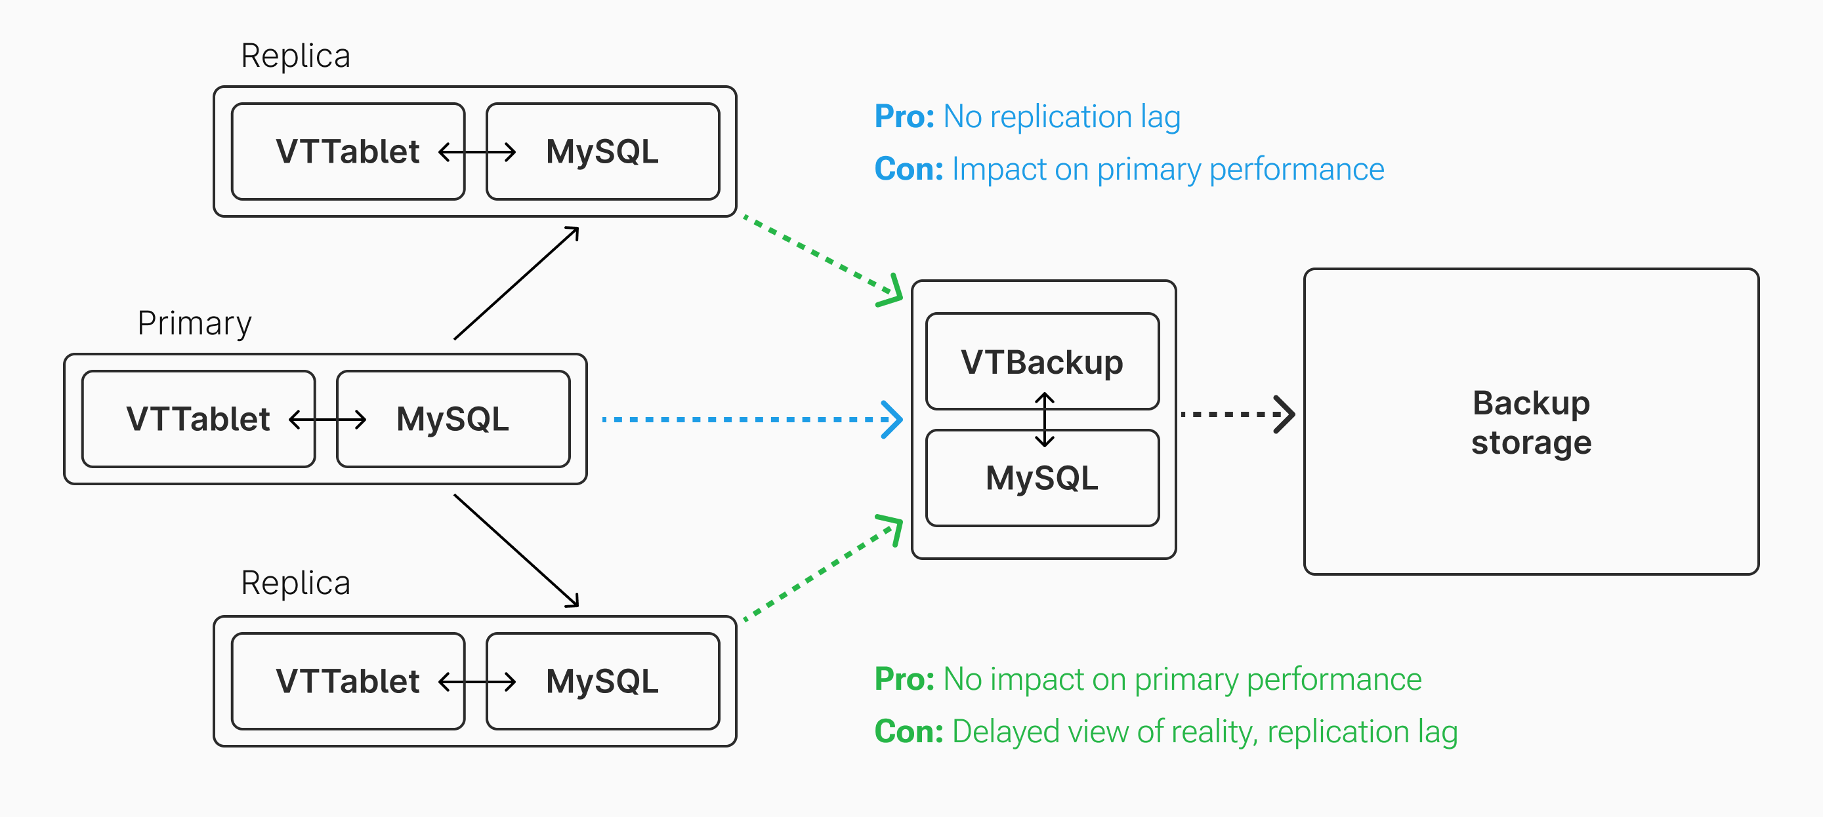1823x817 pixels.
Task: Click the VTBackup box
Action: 1041,361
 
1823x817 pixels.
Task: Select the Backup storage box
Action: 1531,422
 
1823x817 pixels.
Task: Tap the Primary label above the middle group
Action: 194,324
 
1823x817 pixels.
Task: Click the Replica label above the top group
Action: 295,56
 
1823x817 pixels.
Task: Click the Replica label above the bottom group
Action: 295,584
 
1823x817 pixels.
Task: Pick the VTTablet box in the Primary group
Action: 198,419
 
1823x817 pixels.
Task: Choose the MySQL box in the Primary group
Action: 453,419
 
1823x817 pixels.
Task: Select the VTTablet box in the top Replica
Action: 348,151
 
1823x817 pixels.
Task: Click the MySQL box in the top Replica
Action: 602,151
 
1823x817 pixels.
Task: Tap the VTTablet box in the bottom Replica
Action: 348,681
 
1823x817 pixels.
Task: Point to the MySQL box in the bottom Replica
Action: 602,681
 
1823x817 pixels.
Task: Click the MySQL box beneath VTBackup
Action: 1041,478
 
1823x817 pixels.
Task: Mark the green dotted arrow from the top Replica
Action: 821,256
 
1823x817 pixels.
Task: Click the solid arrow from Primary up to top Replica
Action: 516,283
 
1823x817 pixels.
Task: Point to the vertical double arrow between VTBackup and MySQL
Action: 1045,420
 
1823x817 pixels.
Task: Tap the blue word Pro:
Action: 904,117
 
